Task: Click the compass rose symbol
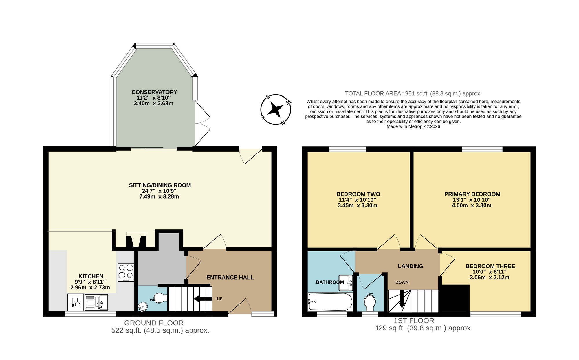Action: [x=276, y=110]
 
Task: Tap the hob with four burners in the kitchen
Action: [x=126, y=272]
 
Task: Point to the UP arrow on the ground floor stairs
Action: [x=203, y=299]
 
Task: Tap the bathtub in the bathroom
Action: [x=330, y=302]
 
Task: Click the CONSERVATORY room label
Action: [x=154, y=92]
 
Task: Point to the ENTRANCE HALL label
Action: [x=230, y=277]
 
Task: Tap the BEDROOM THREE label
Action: [x=490, y=266]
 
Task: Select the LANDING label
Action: [x=410, y=266]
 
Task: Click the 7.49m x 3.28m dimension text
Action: [x=159, y=196]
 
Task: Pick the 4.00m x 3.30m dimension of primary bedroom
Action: [x=472, y=205]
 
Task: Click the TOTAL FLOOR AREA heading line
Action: [x=413, y=93]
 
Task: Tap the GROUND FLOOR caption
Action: [x=154, y=323]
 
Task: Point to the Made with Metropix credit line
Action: [x=413, y=126]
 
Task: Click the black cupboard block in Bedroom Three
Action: [x=454, y=298]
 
